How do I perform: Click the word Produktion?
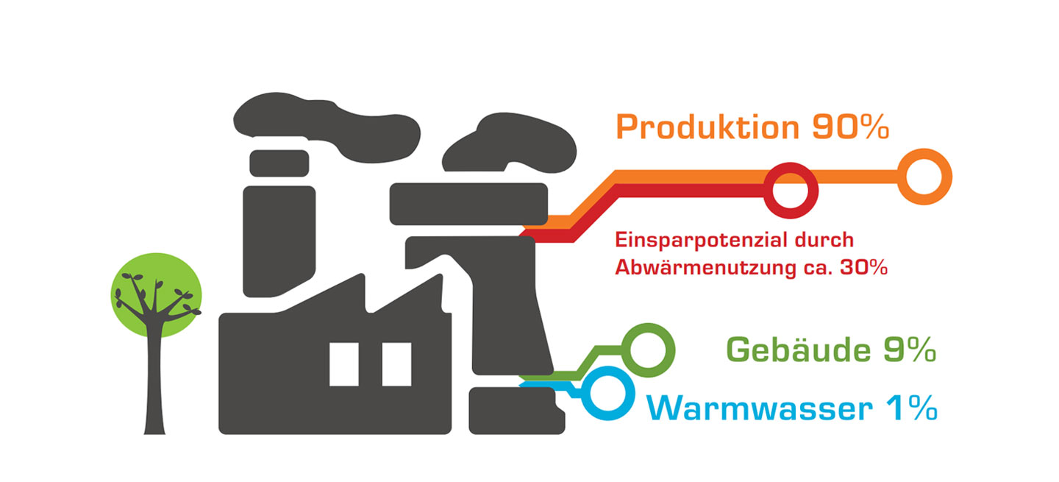tap(706, 127)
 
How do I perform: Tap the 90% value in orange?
tap(850, 127)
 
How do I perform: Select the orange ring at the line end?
tap(925, 177)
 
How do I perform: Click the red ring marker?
tap(791, 189)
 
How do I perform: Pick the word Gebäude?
tap(794, 350)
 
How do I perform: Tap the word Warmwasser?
tap(757, 408)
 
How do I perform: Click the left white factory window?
tap(343, 364)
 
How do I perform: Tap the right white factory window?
tap(396, 364)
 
